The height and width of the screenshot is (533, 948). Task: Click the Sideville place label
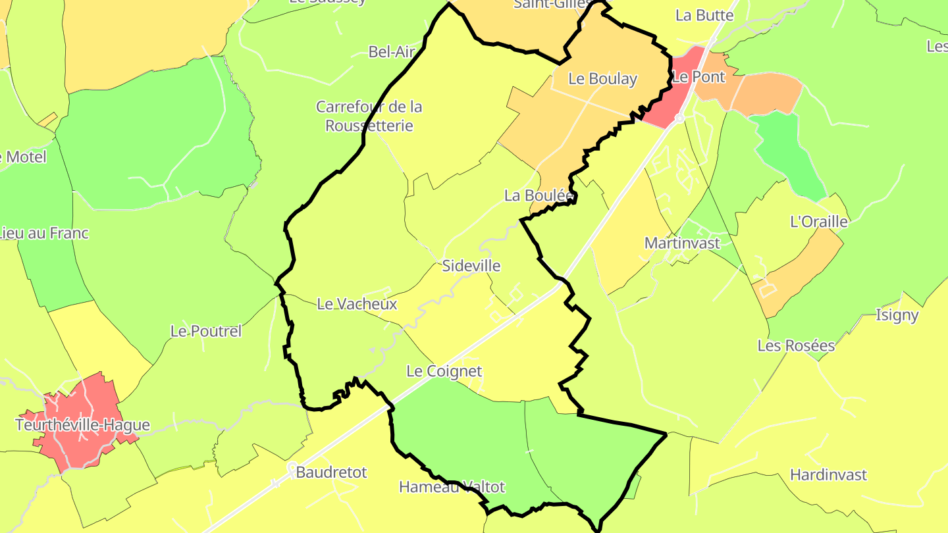click(x=471, y=266)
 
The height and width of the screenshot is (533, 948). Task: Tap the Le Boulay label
click(x=602, y=79)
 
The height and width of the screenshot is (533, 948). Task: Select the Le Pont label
click(x=698, y=77)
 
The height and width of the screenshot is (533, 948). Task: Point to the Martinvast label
click(x=682, y=243)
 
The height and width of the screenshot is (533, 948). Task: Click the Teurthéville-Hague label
click(x=83, y=425)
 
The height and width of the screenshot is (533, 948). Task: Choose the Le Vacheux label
click(x=357, y=304)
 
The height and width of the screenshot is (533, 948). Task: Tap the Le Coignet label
click(x=444, y=371)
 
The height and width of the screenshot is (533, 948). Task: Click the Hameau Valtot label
click(x=452, y=487)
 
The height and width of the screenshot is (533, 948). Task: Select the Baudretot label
click(x=331, y=472)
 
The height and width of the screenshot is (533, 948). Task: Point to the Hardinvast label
click(x=828, y=475)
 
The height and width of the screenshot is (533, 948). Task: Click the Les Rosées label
click(x=796, y=345)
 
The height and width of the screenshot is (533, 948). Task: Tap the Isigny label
click(x=897, y=315)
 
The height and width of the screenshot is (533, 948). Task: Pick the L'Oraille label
click(x=818, y=222)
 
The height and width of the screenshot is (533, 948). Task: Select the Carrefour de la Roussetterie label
click(x=369, y=116)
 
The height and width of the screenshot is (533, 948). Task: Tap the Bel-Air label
click(x=391, y=52)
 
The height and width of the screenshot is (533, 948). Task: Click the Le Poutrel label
click(x=206, y=331)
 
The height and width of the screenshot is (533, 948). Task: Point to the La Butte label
click(x=704, y=15)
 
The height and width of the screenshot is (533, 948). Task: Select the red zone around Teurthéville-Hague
click(x=72, y=447)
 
